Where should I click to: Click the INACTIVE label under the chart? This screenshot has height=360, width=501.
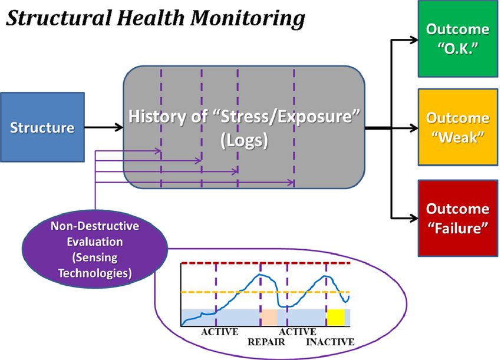[x=330, y=342]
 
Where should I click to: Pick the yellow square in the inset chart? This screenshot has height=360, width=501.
[x=336, y=317]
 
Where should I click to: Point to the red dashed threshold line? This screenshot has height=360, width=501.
[x=265, y=263]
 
